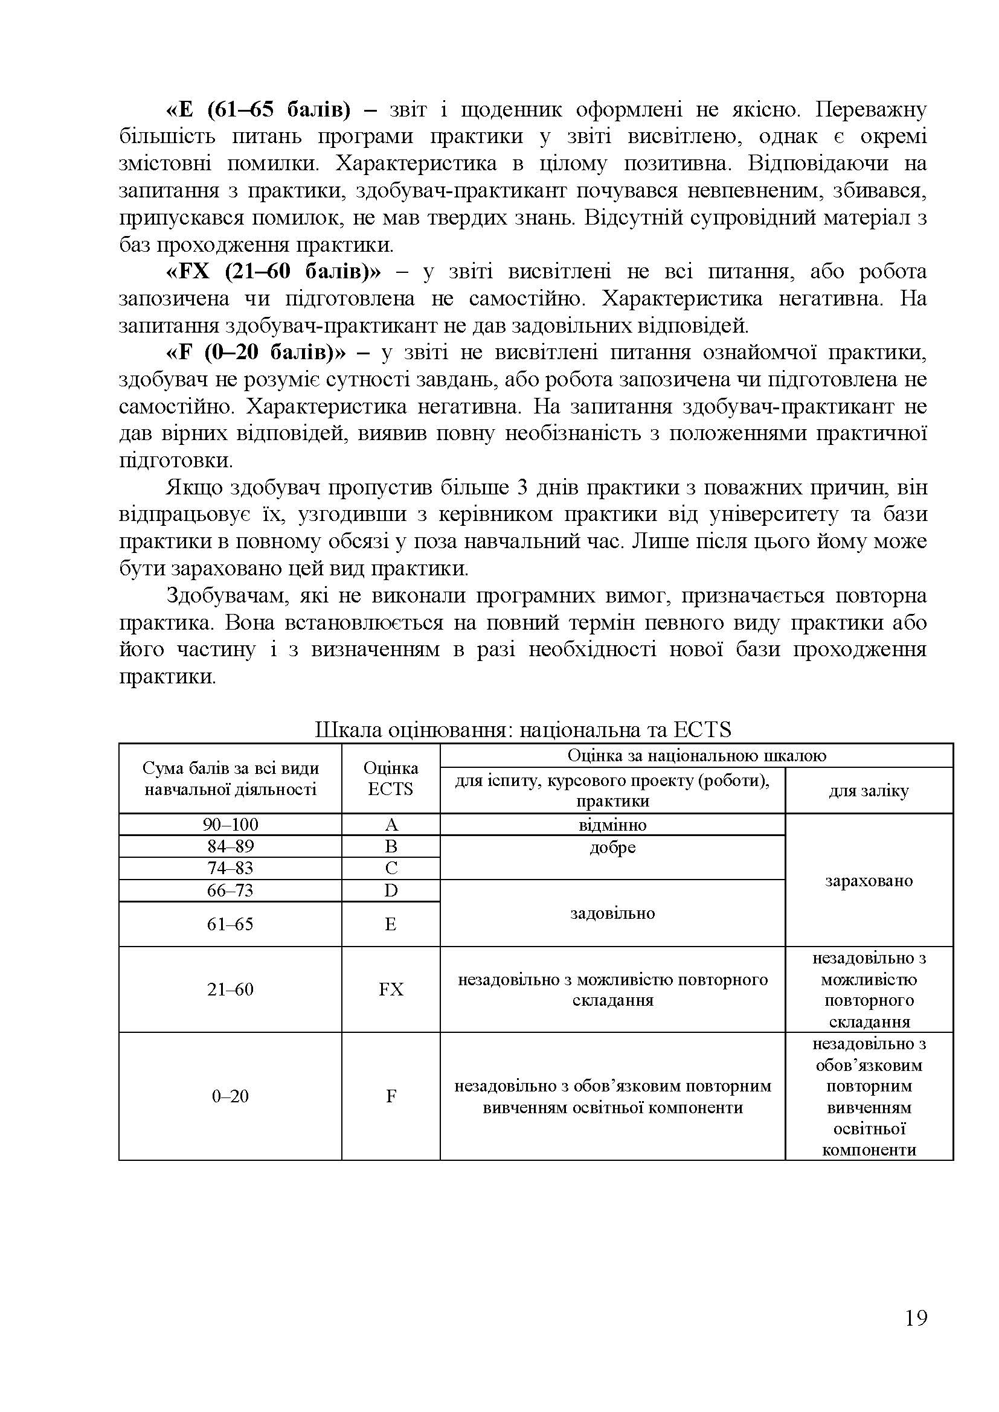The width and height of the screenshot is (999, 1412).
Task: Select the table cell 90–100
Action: point(230,824)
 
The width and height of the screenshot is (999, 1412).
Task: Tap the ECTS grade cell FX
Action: point(391,989)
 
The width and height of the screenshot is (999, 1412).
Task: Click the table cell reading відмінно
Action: point(612,824)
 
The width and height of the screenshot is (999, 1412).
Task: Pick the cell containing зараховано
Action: point(869,880)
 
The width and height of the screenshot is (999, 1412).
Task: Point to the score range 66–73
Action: point(230,890)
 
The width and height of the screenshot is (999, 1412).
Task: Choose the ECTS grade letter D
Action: point(391,890)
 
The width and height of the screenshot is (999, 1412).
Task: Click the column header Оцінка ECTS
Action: point(391,778)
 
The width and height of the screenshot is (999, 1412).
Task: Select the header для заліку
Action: point(869,791)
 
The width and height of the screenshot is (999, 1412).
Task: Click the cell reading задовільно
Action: point(612,913)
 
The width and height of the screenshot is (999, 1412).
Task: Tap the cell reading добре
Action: point(612,848)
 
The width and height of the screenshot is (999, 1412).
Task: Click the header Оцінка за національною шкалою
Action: point(696,755)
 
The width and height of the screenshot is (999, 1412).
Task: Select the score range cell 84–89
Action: point(230,846)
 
